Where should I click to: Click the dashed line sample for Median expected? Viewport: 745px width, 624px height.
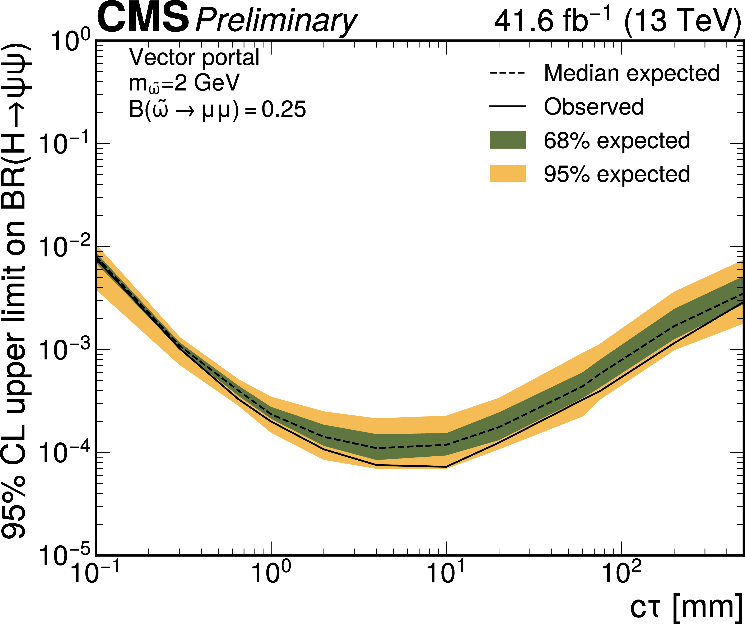507,73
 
